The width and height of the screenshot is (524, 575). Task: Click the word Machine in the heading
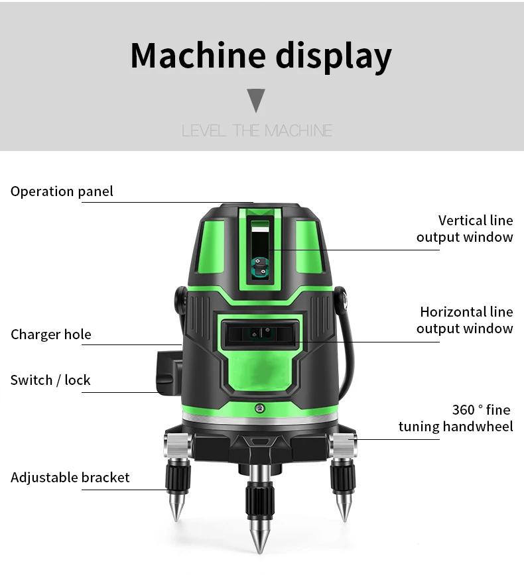[x=198, y=56]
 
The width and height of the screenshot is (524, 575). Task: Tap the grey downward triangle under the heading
[x=256, y=100]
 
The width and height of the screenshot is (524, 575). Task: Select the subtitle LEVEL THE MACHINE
[x=257, y=131]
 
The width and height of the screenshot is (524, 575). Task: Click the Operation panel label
[x=62, y=191]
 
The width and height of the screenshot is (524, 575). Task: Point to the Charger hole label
[x=51, y=334]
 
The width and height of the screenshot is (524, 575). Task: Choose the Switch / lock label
[x=50, y=380]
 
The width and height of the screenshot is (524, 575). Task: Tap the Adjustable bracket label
[x=70, y=478]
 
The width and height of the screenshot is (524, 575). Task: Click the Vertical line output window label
[x=465, y=229]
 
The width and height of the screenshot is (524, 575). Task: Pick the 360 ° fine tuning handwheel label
[x=456, y=418]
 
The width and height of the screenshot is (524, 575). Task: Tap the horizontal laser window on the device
[x=261, y=333]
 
